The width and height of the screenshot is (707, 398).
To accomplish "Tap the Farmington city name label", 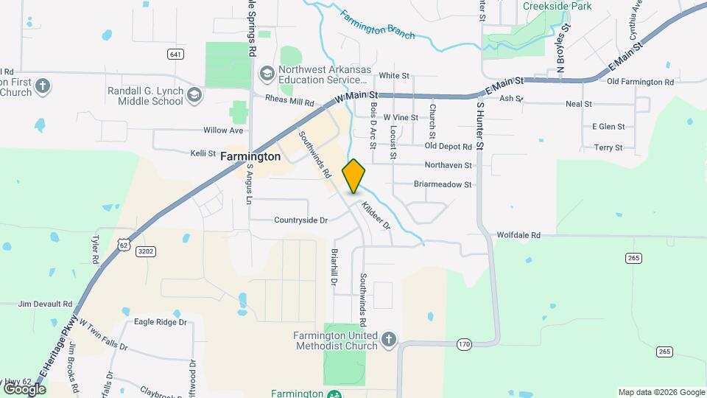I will (x=250, y=157).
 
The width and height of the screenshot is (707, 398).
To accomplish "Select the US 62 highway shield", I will (x=124, y=244).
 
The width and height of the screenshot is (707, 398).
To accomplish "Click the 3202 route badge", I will (x=144, y=251).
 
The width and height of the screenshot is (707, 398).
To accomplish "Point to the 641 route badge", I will (x=175, y=55).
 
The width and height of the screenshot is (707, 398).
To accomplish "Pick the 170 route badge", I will (x=463, y=343).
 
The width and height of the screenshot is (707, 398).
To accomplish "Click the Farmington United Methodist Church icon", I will (x=388, y=339).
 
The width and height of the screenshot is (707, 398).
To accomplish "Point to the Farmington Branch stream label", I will (x=378, y=24).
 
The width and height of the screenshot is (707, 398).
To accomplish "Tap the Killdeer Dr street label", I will (x=376, y=214).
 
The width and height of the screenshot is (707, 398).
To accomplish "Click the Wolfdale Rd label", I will (x=518, y=235).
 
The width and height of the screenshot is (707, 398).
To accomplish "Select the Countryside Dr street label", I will (x=300, y=220).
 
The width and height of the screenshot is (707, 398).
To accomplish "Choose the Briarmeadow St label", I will (x=442, y=184).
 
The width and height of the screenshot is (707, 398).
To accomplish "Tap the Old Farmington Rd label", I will (x=640, y=82).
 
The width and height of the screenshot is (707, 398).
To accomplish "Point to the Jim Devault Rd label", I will (x=46, y=304).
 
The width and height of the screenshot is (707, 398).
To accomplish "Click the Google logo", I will (x=24, y=388).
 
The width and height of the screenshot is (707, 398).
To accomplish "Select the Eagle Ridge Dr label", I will (x=161, y=322).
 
